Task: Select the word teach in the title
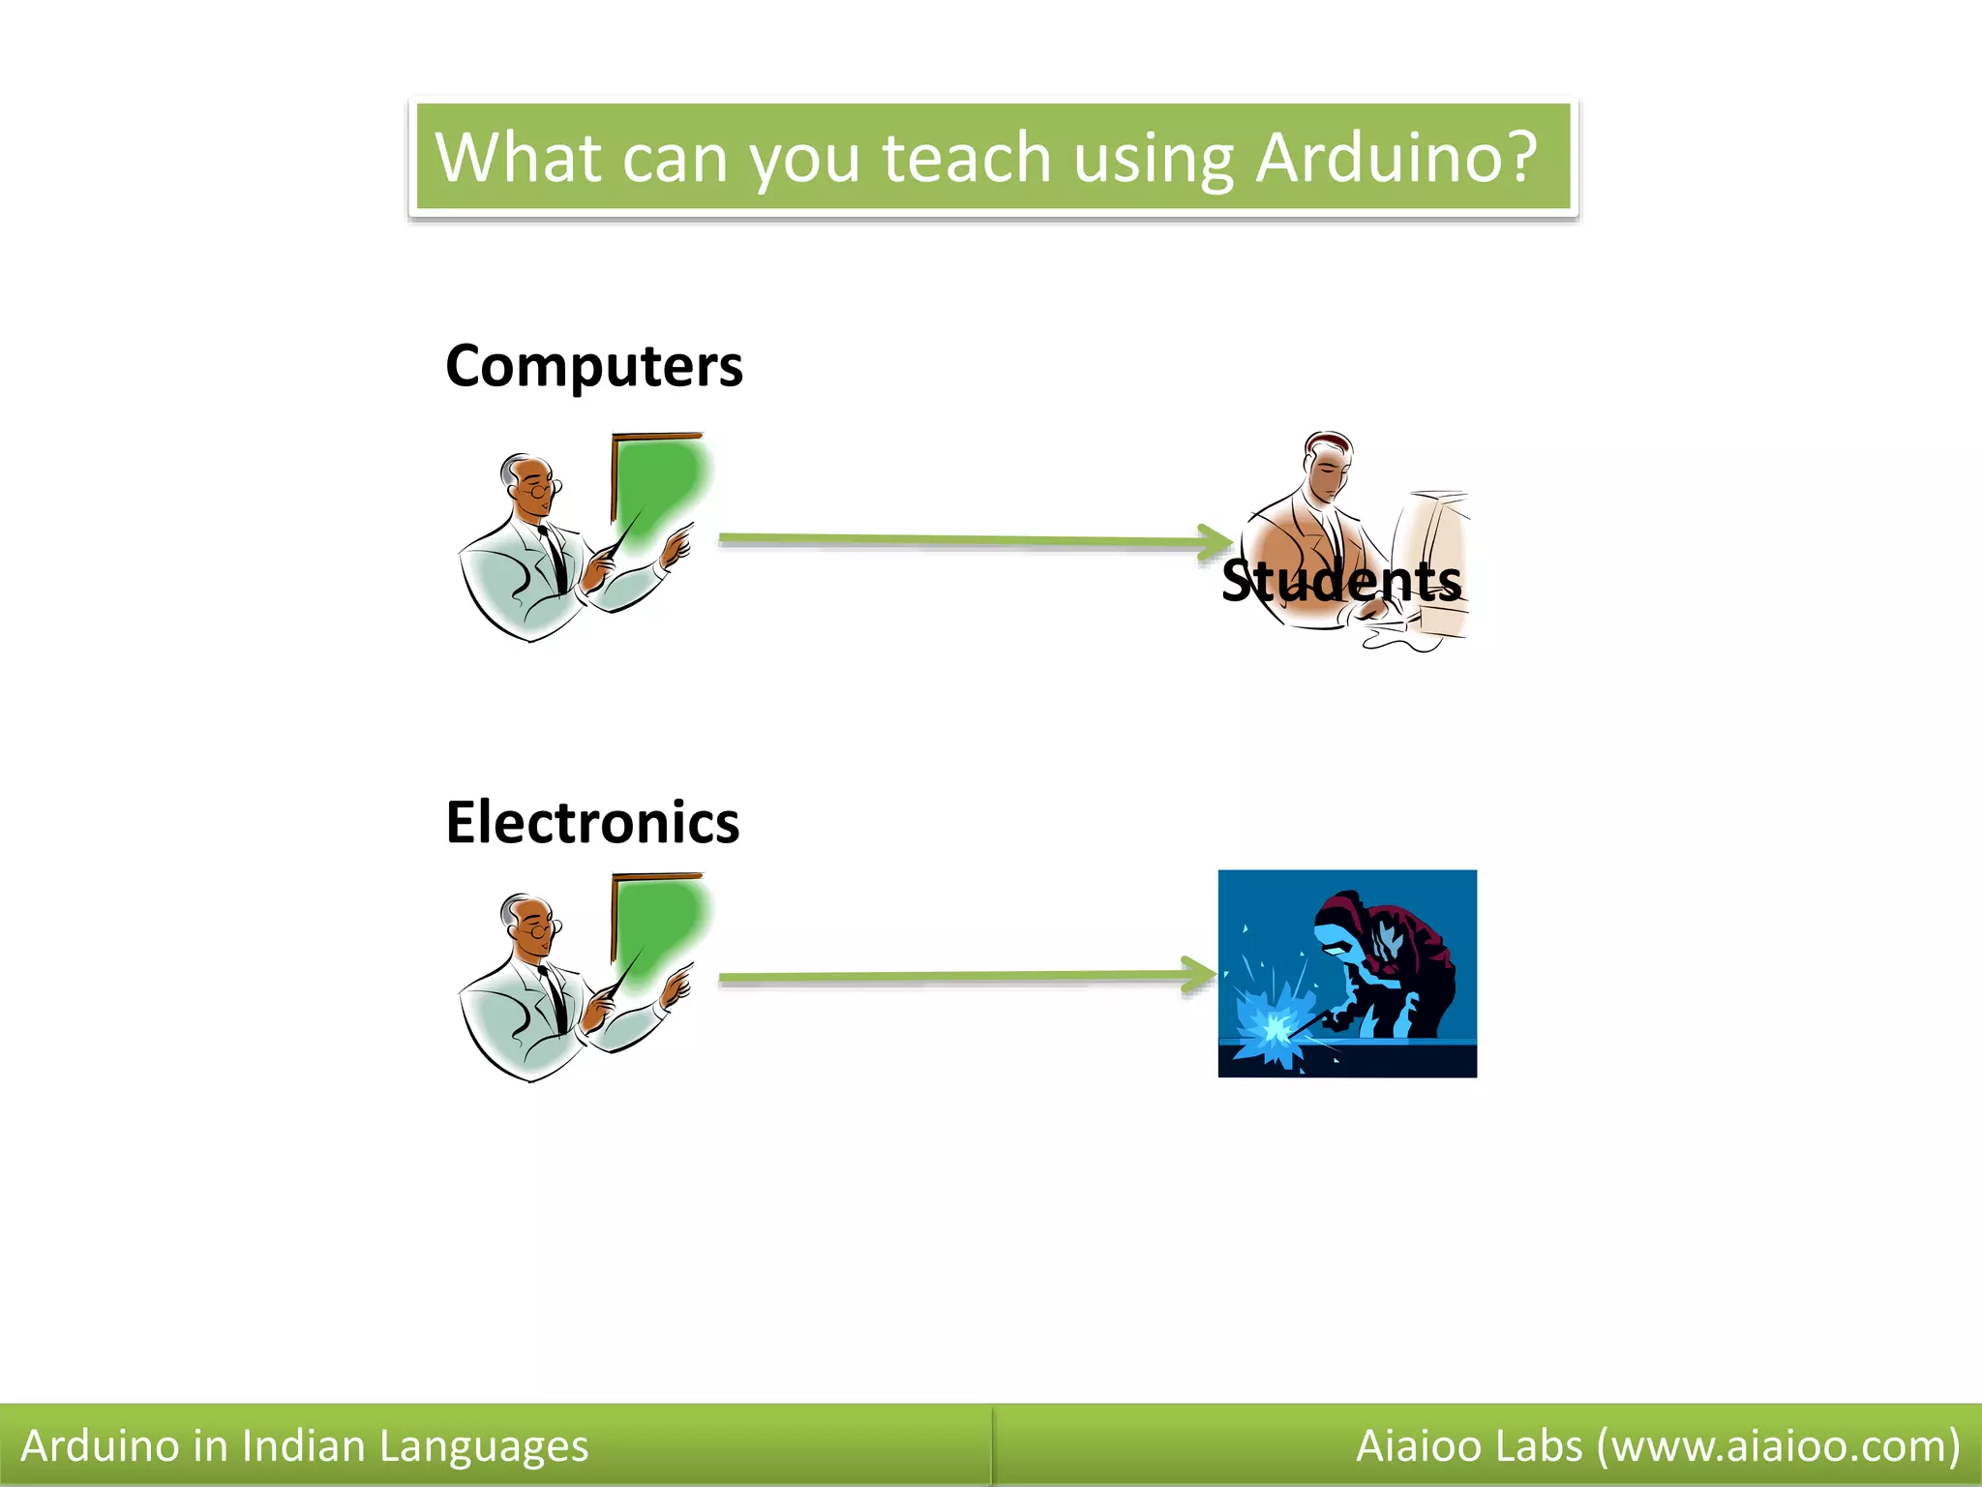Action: pyautogui.click(x=966, y=158)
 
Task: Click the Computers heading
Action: pyautogui.click(x=593, y=366)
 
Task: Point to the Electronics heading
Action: pyautogui.click(x=592, y=823)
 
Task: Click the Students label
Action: pyautogui.click(x=1340, y=581)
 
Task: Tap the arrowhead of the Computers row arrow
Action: pyautogui.click(x=1216, y=542)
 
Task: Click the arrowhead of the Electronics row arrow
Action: pyautogui.click(x=1200, y=975)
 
